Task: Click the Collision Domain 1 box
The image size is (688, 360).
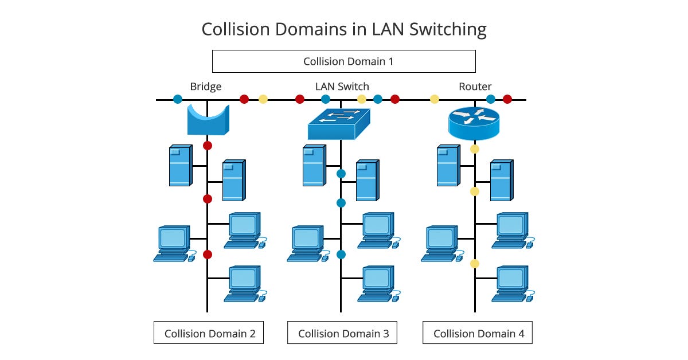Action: coord(343,61)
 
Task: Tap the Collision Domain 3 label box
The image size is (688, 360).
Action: coord(342,332)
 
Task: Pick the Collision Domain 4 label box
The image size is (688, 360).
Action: coord(477,332)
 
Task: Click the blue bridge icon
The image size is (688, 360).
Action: coord(208,119)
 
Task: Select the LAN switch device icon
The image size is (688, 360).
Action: coord(339,124)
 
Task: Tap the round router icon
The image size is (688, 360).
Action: coord(474,124)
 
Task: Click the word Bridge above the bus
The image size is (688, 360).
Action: coord(205,87)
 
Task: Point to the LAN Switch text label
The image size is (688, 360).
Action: coord(342,87)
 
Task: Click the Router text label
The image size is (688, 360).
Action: coord(475,87)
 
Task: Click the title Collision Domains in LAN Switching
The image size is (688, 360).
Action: coord(343,29)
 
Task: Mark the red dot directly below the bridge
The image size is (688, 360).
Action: coord(208,145)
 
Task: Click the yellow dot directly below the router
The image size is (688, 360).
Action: coord(474,149)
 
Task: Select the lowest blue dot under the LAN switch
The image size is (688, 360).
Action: coord(341,254)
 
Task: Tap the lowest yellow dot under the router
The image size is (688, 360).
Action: coord(474,264)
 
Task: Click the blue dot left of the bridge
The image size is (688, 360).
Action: coord(177,99)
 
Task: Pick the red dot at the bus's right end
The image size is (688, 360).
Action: coord(507,99)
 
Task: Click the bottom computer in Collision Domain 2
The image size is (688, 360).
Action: coord(244,283)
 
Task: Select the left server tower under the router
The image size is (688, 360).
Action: coord(448,165)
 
